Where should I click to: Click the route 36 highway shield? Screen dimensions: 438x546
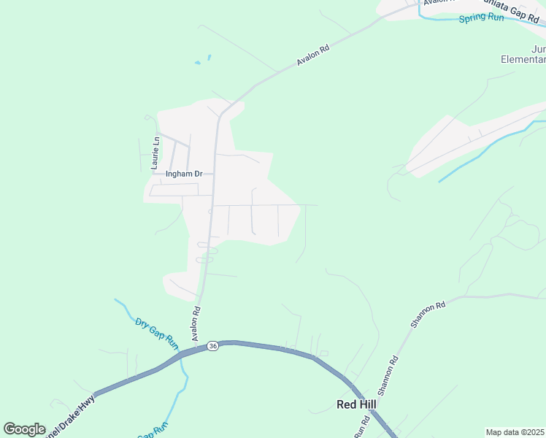(x=212, y=345)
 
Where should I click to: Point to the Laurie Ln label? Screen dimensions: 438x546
(x=155, y=153)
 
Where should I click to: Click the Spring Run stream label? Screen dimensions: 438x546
(x=481, y=18)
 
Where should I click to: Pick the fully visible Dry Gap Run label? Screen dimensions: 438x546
(x=157, y=331)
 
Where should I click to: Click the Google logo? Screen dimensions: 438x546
(x=25, y=429)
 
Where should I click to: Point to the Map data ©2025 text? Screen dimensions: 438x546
(x=515, y=432)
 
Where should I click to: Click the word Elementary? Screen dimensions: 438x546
(x=523, y=61)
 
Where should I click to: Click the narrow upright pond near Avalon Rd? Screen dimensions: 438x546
(x=209, y=57)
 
